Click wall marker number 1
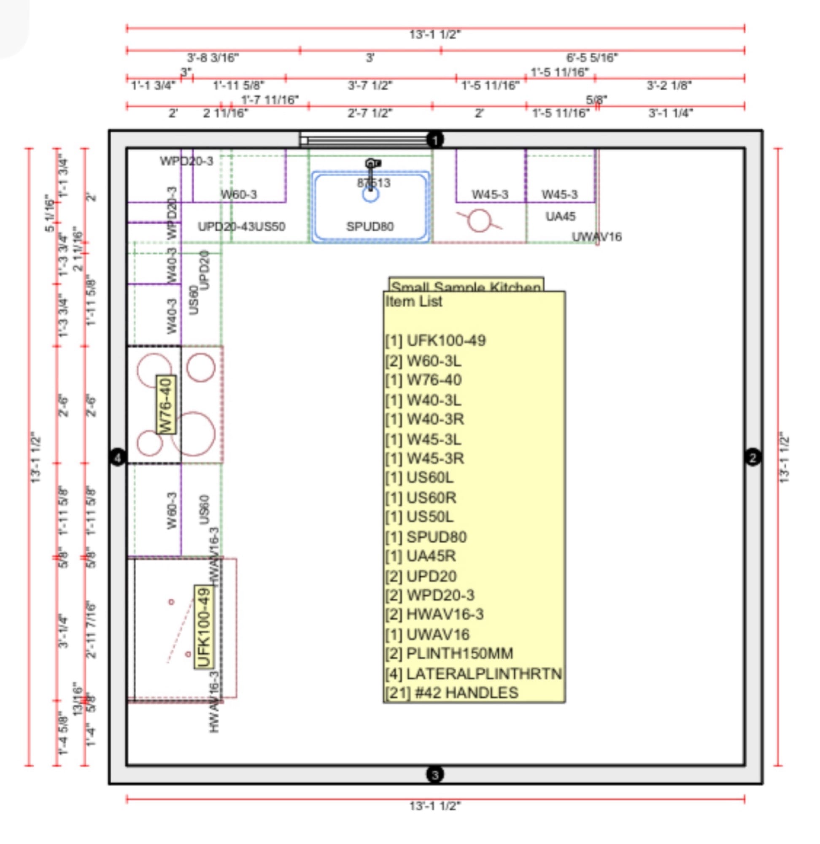[435, 140]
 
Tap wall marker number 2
[753, 457]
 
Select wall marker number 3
[435, 775]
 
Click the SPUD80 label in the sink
[370, 227]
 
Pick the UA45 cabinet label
[560, 216]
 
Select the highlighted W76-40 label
[166, 405]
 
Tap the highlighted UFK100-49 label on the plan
[204, 627]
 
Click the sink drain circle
[370, 195]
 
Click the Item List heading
[414, 302]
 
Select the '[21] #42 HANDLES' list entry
[452, 693]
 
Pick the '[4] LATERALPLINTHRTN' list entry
[473, 674]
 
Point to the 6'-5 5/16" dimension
[592, 57]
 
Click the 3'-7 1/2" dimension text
[370, 85]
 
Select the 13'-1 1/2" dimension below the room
[435, 806]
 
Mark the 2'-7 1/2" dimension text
[370, 114]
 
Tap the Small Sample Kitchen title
[466, 286]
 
